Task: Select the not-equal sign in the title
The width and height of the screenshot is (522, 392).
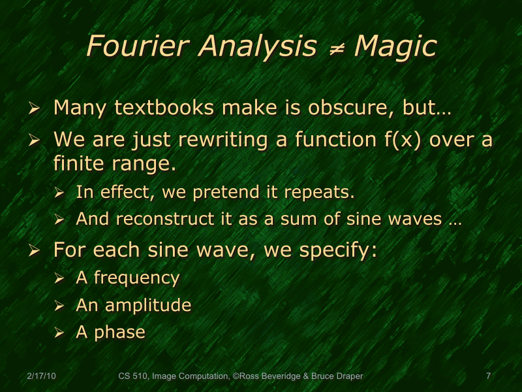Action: (x=337, y=47)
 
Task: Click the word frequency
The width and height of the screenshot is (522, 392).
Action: (x=136, y=278)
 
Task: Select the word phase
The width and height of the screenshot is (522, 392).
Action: (x=119, y=333)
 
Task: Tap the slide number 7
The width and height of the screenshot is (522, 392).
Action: (x=488, y=376)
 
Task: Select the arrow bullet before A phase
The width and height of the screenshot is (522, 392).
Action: (x=59, y=333)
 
